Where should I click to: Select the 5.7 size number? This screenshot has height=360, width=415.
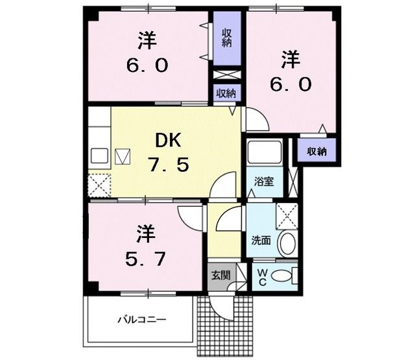[x=145, y=259]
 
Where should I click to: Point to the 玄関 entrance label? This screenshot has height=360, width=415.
[x=220, y=275]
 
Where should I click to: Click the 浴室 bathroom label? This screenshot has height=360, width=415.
[x=263, y=181]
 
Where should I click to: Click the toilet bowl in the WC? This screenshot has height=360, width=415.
[x=283, y=276]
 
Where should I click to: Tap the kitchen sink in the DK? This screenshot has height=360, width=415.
[x=101, y=156]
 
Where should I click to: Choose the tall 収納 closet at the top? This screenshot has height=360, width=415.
[x=227, y=38]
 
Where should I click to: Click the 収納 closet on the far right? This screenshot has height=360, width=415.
[x=317, y=151]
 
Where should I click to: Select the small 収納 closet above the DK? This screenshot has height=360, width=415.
[x=227, y=93]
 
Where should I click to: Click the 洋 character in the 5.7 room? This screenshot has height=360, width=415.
[x=145, y=232]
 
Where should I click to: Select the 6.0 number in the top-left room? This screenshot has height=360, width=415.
[x=147, y=65]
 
